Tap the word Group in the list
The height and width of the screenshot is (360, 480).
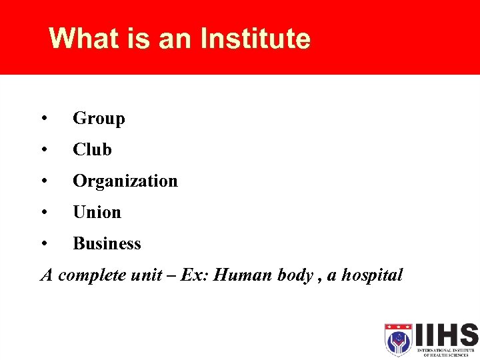click(99, 119)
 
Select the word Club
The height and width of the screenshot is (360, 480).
click(92, 150)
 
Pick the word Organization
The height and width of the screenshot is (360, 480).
click(125, 181)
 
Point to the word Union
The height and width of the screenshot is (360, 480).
click(97, 213)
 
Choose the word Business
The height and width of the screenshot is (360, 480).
click(107, 244)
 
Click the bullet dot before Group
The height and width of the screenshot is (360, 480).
click(43, 119)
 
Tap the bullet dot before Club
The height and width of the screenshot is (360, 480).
click(43, 150)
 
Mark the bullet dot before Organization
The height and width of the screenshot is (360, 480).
click(43, 181)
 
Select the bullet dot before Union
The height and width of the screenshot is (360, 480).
click(43, 213)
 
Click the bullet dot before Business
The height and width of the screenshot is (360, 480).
click(43, 244)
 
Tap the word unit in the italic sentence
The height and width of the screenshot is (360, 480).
click(143, 275)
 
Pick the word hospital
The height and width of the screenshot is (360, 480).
click(372, 275)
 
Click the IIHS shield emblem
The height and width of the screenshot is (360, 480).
click(399, 339)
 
